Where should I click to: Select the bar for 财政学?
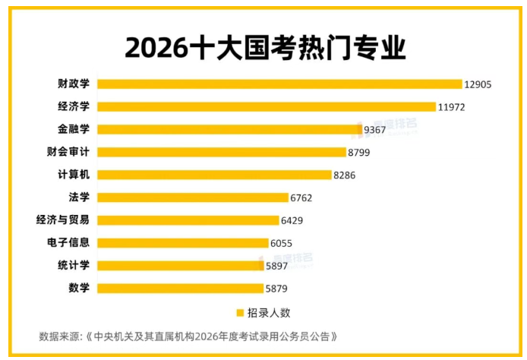tap(279, 84)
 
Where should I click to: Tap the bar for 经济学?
tap(266, 106)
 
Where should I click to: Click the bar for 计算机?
tap(215, 175)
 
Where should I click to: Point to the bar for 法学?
tap(193, 197)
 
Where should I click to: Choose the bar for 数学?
tap(180, 289)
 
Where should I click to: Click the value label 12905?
tap(479, 84)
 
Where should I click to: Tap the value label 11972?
tap(451, 107)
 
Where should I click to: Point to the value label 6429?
tap(293, 221)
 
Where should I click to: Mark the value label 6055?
tap(281, 244)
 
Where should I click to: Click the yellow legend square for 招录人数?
tap(240, 312)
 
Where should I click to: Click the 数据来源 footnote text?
tap(188, 336)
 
